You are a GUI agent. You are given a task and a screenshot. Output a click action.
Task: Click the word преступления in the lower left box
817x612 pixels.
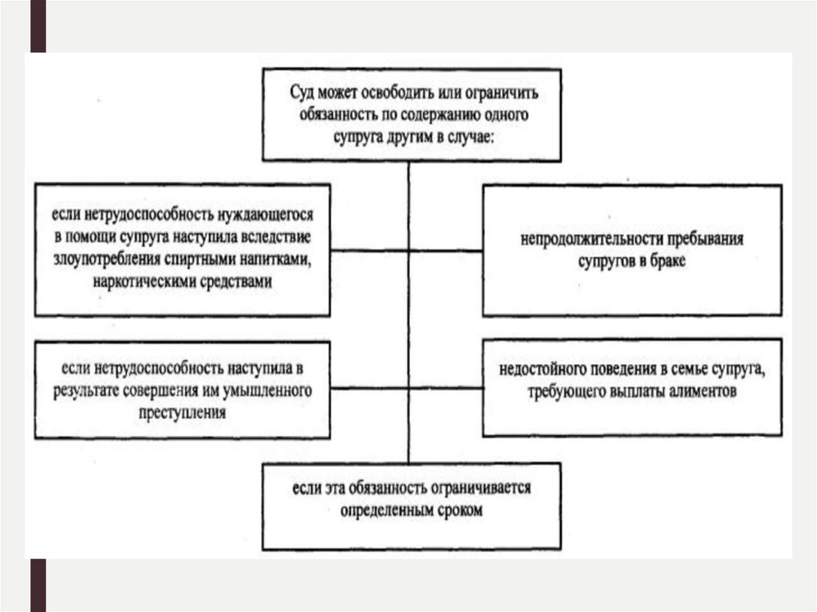[182, 413]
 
